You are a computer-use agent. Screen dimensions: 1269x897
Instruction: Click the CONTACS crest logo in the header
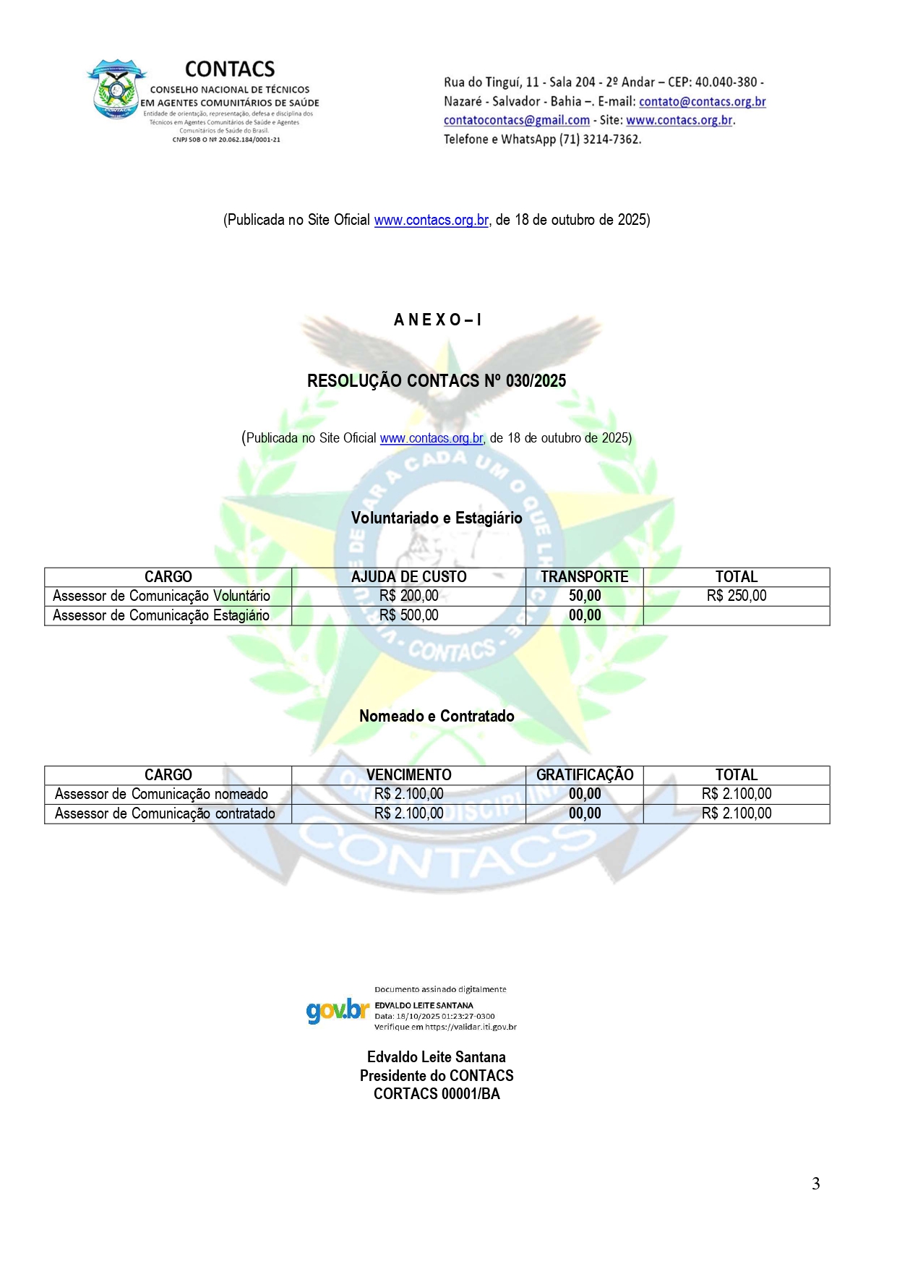[116, 89]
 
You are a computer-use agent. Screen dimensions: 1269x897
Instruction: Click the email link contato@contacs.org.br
[702, 102]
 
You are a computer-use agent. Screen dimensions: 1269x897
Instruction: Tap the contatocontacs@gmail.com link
[516, 121]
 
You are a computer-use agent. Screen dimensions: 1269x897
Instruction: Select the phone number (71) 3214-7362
[599, 140]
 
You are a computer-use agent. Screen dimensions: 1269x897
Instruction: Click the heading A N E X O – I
[437, 320]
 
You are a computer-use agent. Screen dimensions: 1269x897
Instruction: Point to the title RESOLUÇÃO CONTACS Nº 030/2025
[437, 381]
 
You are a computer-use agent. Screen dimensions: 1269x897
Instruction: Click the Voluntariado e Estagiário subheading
[437, 518]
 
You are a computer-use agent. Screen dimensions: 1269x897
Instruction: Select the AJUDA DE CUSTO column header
[408, 577]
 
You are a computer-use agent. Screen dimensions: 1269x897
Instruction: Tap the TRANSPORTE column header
[584, 577]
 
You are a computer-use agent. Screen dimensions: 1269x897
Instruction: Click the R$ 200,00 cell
[408, 596]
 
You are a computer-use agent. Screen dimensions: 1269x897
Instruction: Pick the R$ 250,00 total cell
[736, 596]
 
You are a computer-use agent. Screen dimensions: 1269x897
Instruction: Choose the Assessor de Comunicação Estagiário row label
[161, 615]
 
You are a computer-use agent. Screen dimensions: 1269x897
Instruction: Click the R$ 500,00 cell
[408, 615]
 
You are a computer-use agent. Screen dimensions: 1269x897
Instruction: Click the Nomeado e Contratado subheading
[437, 716]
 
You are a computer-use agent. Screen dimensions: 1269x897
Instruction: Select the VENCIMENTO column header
[408, 775]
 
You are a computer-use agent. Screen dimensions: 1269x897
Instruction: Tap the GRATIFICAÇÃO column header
[584, 775]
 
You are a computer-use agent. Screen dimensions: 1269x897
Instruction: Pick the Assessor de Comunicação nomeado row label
[161, 794]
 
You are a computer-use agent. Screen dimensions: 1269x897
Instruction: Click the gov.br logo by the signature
[338, 1009]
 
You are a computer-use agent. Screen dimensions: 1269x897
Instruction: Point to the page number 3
[815, 1184]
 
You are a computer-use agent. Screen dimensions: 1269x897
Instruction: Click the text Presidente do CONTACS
[437, 1076]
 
